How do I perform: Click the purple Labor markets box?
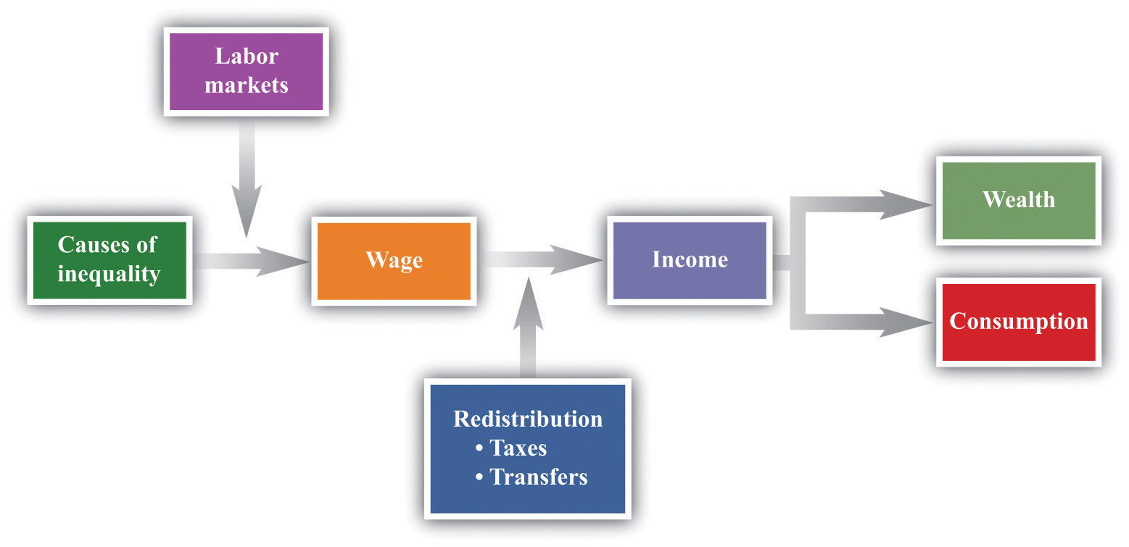[246, 72]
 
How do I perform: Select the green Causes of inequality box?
[110, 260]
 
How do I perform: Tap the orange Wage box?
[394, 261]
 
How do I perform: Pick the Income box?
[690, 260]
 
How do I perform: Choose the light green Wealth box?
[1019, 201]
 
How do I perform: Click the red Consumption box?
[1019, 322]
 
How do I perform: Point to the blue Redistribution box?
[528, 448]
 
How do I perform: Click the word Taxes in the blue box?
[518, 448]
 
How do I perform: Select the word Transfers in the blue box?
[539, 477]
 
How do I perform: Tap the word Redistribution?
[528, 419]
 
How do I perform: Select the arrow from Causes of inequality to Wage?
[251, 262]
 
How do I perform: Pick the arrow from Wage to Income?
[541, 260]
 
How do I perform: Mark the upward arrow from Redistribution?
[528, 327]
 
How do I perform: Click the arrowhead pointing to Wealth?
[906, 204]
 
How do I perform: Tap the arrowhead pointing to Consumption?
[906, 322]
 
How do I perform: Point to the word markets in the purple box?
[247, 85]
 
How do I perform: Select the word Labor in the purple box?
[247, 56]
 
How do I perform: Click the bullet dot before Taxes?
[479, 448]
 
